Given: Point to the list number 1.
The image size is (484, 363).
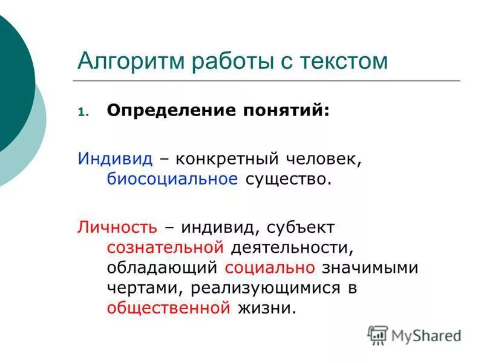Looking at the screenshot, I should [83, 112].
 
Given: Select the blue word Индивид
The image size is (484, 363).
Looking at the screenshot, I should [115, 159].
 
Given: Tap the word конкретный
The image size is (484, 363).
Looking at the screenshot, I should [226, 159].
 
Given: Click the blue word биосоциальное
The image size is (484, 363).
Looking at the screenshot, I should [172, 180].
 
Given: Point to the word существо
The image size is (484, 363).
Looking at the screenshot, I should [289, 180].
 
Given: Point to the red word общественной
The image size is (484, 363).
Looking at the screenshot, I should [169, 308].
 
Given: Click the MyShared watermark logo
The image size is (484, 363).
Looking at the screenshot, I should [414, 335].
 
